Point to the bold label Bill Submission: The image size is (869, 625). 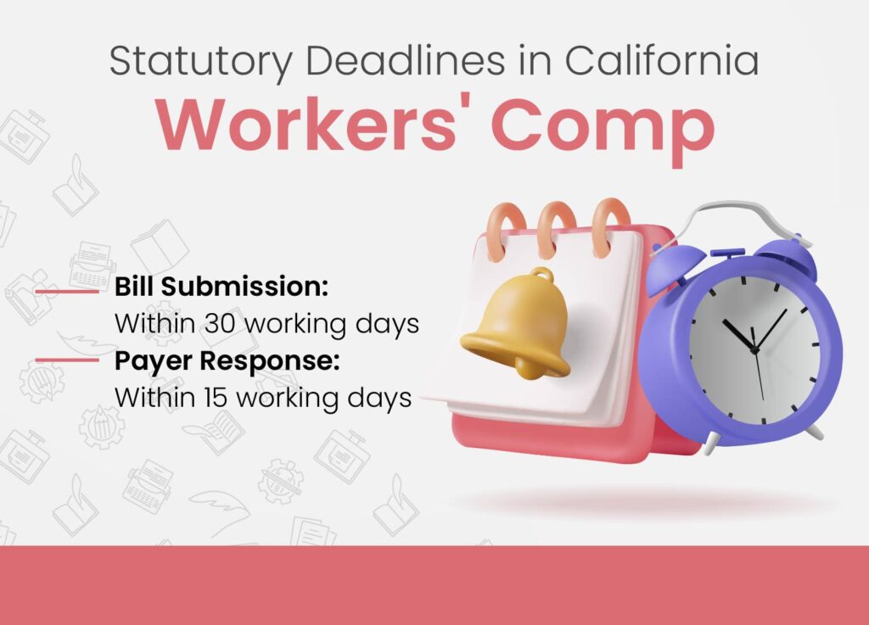[x=221, y=287]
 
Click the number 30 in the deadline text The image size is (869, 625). [x=221, y=323]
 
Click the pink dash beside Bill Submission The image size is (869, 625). [x=67, y=291]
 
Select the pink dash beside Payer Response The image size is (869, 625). [x=67, y=360]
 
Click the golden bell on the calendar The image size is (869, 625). [x=516, y=326]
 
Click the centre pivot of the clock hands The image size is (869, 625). [x=754, y=350]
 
